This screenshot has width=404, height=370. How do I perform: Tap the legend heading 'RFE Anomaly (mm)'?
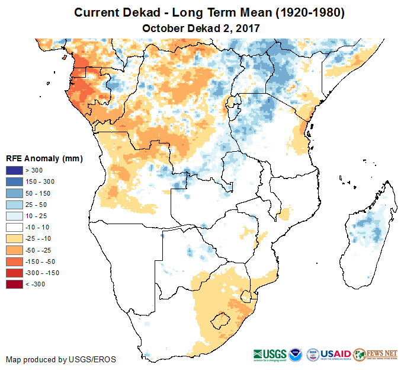point(44,158)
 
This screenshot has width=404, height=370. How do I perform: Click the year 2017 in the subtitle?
point(248,28)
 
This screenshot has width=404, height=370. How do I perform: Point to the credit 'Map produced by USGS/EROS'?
point(60,360)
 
